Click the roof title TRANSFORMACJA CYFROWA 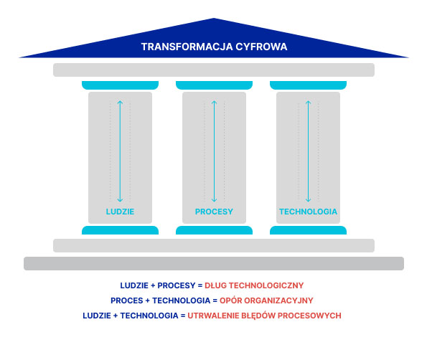pos(214,47)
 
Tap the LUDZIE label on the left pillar pos(120,212)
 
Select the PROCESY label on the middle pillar pos(214,212)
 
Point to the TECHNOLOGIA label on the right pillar pos(308,212)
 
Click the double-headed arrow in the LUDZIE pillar pos(120,151)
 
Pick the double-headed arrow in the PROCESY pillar pos(214,151)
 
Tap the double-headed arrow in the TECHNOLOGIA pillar pos(308,151)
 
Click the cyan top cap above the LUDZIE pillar pos(120,85)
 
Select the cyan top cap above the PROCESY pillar pos(214,85)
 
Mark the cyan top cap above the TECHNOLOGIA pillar pos(308,85)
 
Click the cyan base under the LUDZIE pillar pos(120,230)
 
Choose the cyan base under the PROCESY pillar pos(214,230)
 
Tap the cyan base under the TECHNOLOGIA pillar pos(308,230)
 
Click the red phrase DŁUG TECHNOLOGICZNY pos(254,285)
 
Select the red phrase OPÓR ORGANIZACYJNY pos(266,300)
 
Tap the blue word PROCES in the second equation pos(126,300)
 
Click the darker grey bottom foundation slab pos(214,263)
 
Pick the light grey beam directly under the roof pos(214,70)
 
